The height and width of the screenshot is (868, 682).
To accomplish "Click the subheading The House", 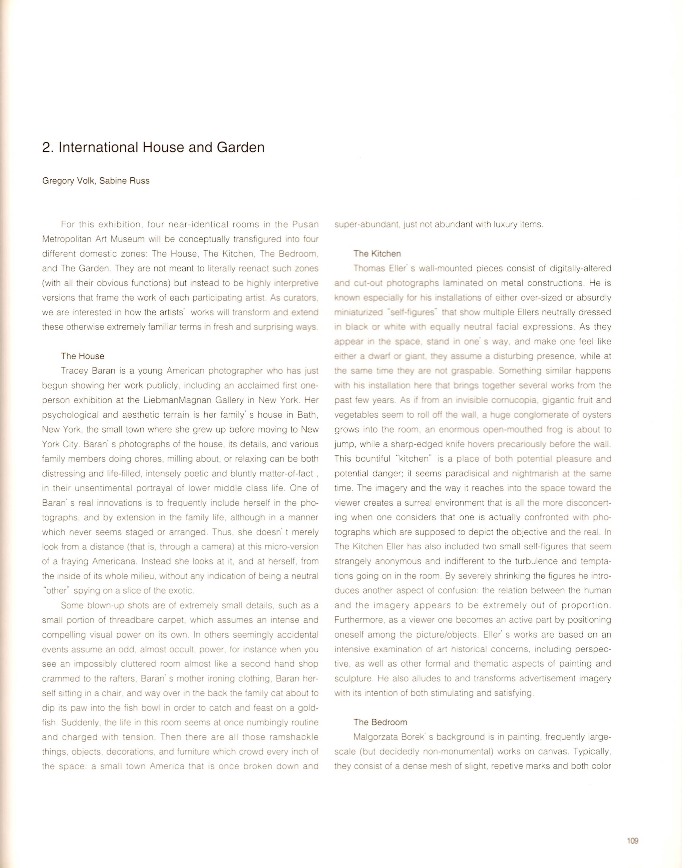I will tap(83, 356).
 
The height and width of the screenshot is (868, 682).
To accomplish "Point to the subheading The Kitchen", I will tap(377, 253).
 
